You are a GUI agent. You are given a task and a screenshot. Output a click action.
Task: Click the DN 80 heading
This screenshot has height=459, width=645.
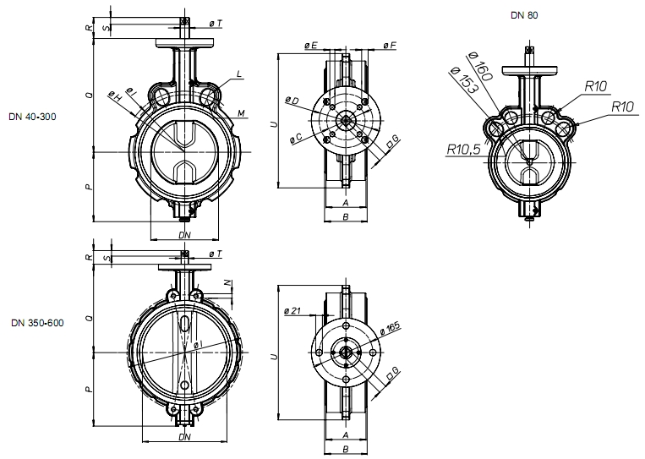(x=524, y=15)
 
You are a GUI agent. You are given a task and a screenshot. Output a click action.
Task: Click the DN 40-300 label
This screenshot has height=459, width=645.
(x=32, y=117)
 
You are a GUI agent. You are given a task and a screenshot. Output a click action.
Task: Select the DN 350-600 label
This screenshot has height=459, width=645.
(x=37, y=322)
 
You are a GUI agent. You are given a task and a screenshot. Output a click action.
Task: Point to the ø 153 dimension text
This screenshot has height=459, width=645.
(x=465, y=80)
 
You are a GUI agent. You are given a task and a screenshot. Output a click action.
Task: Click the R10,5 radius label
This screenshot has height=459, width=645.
(x=463, y=150)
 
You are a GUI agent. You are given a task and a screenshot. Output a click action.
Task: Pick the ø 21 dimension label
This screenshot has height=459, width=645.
(x=292, y=311)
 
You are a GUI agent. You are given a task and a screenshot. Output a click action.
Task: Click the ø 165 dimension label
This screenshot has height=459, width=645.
(x=389, y=328)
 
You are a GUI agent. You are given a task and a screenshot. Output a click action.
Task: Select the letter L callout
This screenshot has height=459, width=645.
(x=239, y=74)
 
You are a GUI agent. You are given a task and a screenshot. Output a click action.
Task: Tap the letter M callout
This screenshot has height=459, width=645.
(x=241, y=112)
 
